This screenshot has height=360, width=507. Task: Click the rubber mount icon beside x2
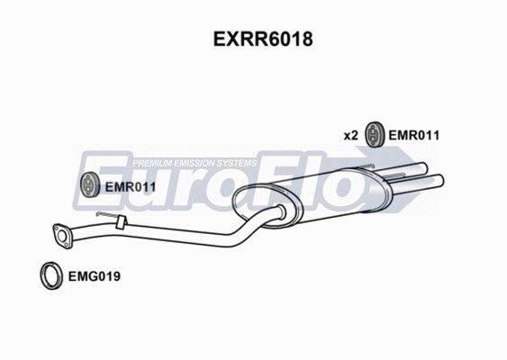pyautogui.click(x=373, y=136)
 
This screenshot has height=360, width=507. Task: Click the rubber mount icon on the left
pyautogui.click(x=89, y=186)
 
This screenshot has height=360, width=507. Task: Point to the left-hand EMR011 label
pyautogui.click(x=131, y=186)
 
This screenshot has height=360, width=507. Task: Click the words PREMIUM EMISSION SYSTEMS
pyautogui.click(x=195, y=163)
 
